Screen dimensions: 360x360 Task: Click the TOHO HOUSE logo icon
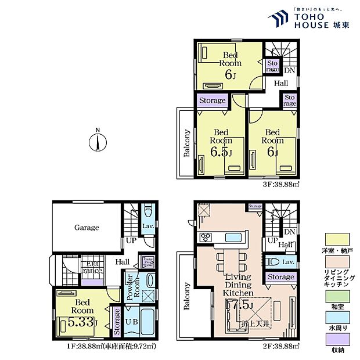tap(278, 18)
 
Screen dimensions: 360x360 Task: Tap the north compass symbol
tap(98, 141)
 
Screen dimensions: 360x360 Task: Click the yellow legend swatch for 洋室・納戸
tap(337, 239)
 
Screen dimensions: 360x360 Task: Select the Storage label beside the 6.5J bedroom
tap(212, 100)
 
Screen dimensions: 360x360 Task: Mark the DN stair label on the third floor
tap(289, 70)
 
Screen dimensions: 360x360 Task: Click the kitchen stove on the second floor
tap(207, 237)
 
